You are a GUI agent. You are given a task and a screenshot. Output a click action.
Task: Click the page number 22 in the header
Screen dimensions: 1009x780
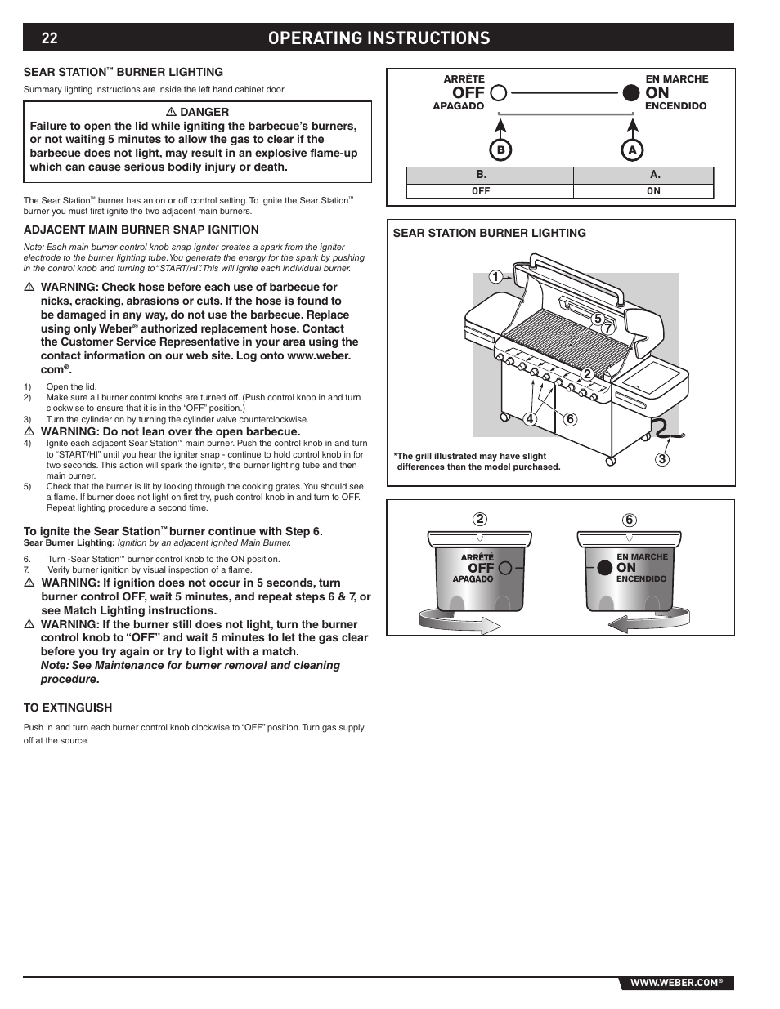49,38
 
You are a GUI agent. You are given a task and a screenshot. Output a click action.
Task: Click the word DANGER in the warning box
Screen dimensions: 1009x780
204,112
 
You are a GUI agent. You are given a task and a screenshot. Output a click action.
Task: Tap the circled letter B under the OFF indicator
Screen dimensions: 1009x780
501,150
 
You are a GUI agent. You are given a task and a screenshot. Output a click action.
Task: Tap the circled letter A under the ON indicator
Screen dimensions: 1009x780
631,150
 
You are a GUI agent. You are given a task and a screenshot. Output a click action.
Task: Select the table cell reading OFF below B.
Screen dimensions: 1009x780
481,191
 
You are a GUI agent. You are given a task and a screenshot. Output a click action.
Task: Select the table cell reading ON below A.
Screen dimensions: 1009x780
653,191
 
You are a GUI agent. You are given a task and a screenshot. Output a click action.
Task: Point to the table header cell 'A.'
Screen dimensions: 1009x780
655,175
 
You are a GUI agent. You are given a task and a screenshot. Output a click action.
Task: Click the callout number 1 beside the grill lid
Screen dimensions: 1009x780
495,277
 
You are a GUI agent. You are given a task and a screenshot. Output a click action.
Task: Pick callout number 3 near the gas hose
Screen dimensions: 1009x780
662,459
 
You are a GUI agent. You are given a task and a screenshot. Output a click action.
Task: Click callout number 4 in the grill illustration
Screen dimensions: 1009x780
531,420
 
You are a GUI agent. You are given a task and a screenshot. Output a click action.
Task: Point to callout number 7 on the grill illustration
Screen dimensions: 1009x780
607,328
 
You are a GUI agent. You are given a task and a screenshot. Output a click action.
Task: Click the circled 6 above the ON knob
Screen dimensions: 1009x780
629,520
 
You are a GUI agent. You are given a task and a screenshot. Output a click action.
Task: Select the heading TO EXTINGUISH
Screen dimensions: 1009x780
68,708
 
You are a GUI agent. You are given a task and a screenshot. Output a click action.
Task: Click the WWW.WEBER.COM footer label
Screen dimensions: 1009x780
675,983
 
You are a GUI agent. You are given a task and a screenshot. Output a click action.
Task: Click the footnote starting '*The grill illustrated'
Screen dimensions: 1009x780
477,462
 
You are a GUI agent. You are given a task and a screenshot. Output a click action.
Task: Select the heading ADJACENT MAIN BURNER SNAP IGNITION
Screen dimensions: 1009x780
141,230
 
